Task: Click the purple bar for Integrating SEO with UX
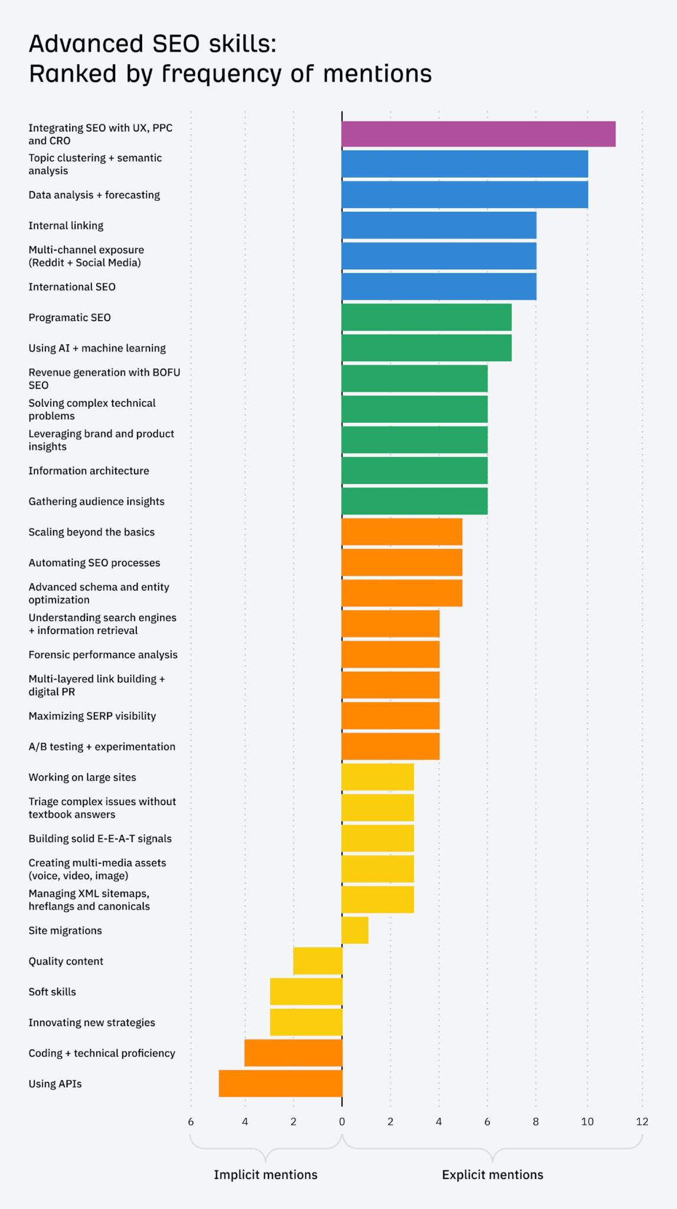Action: click(x=478, y=134)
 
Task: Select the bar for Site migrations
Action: click(x=355, y=930)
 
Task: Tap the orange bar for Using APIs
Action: click(x=280, y=1083)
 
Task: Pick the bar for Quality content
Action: click(x=318, y=961)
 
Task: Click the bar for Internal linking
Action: click(x=439, y=226)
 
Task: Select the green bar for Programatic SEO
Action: click(x=426, y=317)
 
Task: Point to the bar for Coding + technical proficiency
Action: click(x=293, y=1053)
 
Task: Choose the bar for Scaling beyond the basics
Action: click(x=401, y=532)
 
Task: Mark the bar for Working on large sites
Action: click(x=377, y=777)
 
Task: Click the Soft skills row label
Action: click(x=52, y=992)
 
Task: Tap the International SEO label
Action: click(x=72, y=287)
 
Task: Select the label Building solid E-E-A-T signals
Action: click(x=100, y=839)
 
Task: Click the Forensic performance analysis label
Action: click(x=103, y=655)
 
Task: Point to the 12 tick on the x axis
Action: click(x=642, y=1122)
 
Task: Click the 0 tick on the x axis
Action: click(x=342, y=1122)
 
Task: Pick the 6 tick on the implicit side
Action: click(x=191, y=1122)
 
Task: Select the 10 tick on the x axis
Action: click(x=587, y=1122)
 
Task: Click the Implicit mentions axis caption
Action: click(x=265, y=1175)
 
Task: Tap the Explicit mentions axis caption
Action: click(x=492, y=1175)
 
